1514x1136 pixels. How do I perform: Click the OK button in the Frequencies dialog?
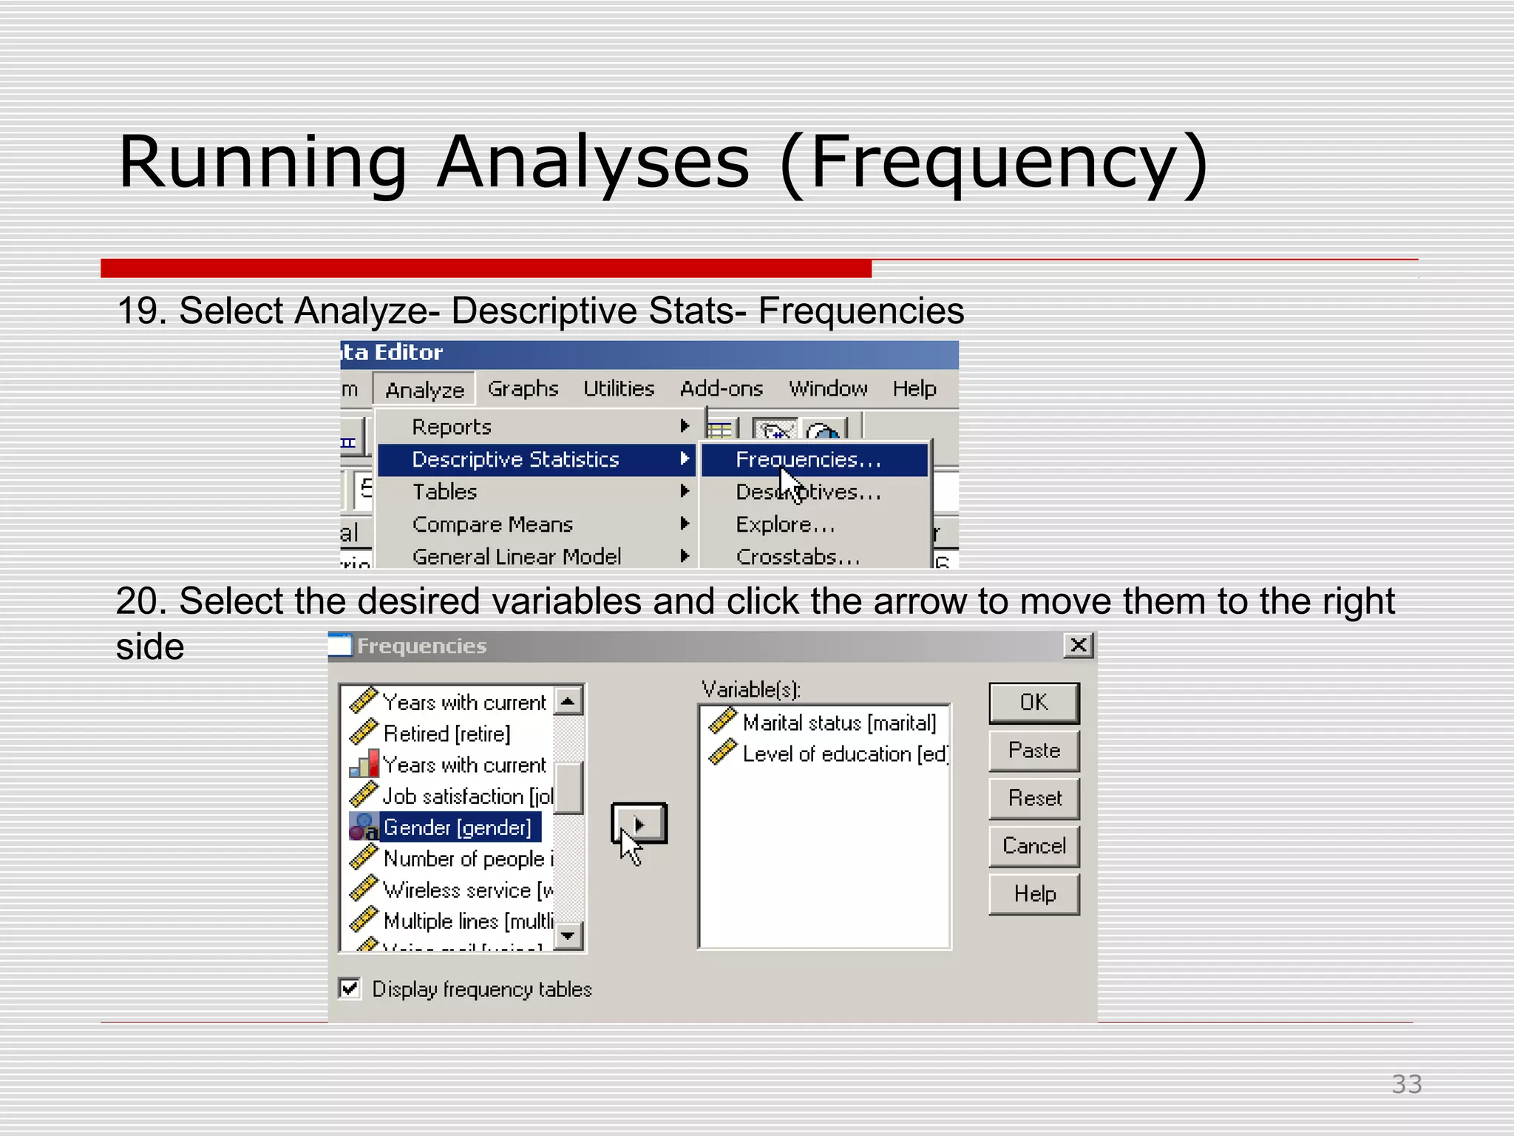tap(1033, 703)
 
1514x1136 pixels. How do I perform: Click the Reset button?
tap(1033, 798)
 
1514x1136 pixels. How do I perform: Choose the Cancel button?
tap(1033, 846)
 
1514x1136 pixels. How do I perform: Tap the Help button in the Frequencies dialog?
tap(1033, 894)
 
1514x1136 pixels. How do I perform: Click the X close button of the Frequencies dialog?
tap(1079, 646)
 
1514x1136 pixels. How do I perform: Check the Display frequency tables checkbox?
tap(350, 989)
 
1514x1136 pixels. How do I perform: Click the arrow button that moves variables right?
tap(639, 823)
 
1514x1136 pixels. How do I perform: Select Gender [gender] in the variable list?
tap(457, 828)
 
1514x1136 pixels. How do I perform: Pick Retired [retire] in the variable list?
tap(447, 734)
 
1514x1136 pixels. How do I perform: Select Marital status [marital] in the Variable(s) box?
tap(838, 723)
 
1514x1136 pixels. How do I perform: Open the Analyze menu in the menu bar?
tap(424, 390)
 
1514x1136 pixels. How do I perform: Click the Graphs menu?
tap(523, 389)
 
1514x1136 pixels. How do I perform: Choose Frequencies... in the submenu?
tap(808, 460)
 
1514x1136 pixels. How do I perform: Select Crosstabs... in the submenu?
tap(798, 557)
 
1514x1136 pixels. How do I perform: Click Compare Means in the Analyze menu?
tap(492, 524)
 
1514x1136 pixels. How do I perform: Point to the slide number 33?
tap(1406, 1084)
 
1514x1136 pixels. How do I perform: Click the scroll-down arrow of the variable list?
tap(568, 936)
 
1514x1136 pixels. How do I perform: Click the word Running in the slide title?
tap(262, 163)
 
